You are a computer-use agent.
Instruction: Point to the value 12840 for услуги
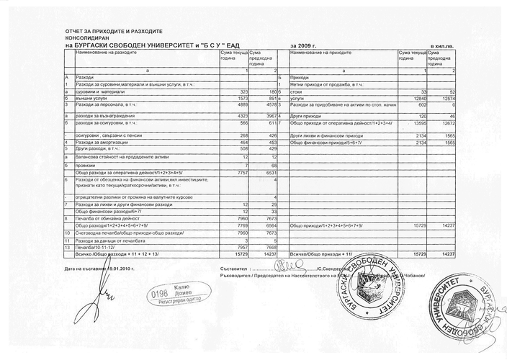click(x=419, y=99)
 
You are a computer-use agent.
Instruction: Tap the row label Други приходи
click(x=303, y=115)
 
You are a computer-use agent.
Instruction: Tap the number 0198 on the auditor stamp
click(x=156, y=294)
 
